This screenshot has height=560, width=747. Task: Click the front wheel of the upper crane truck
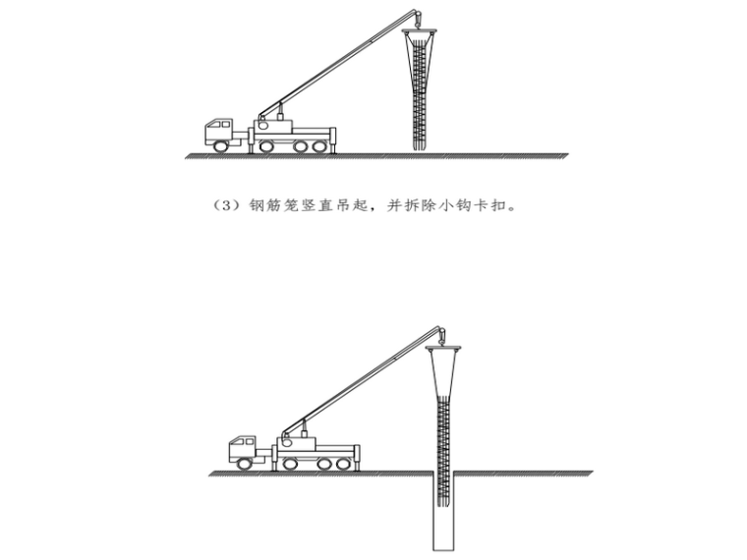tap(221, 145)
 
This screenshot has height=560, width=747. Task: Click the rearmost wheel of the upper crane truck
tap(320, 146)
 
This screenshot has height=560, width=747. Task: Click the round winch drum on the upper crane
tap(262, 125)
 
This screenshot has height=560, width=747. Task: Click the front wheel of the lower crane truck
tap(244, 463)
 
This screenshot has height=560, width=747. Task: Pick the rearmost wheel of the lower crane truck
tap(343, 464)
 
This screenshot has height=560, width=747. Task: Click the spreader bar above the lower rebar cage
tap(444, 346)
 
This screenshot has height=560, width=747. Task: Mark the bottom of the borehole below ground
tap(445, 546)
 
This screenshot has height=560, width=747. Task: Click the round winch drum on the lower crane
tap(286, 442)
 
